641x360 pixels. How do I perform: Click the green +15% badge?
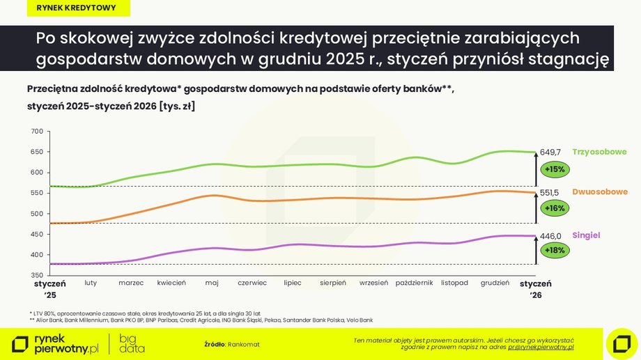[555, 169]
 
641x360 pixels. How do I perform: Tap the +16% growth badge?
[555, 208]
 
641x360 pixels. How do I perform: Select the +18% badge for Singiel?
[555, 249]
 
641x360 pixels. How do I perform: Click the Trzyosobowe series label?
[599, 152]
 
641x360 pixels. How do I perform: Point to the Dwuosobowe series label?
[600, 191]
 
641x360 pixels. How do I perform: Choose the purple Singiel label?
[586, 235]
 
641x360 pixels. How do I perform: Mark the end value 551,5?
[550, 191]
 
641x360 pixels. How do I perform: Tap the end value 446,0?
[550, 236]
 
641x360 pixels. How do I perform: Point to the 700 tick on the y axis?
[37, 132]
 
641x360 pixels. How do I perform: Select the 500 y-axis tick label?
[37, 214]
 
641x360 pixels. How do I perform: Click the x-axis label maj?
[212, 283]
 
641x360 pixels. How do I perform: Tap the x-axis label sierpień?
[333, 283]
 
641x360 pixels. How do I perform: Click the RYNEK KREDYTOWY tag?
[76, 8]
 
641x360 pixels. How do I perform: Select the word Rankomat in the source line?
[243, 344]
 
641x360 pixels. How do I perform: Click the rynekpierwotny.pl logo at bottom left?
[56, 343]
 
